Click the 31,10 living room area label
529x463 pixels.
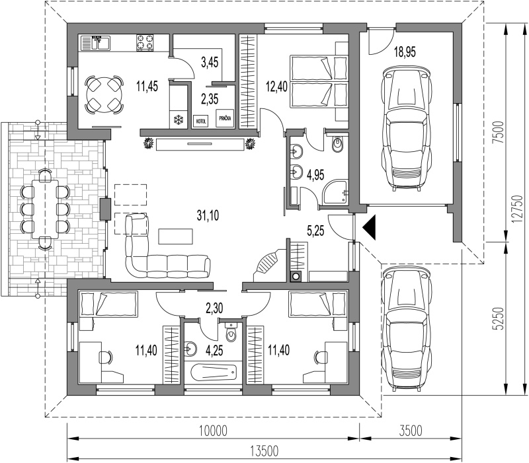point(208,215)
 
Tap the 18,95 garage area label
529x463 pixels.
point(405,52)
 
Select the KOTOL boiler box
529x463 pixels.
point(200,120)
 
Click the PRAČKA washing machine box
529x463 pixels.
point(225,119)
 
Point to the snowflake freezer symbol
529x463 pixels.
point(178,120)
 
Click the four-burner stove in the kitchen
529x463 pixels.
point(145,43)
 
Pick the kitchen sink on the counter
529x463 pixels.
point(95,43)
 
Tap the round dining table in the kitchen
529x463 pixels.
point(104,94)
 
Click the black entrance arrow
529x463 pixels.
point(370,228)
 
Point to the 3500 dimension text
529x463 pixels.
point(409,431)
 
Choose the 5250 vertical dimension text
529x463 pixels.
point(500,318)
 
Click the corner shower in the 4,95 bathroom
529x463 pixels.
point(335,192)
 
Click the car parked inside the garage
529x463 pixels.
point(406,128)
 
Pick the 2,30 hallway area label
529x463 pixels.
point(214,308)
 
